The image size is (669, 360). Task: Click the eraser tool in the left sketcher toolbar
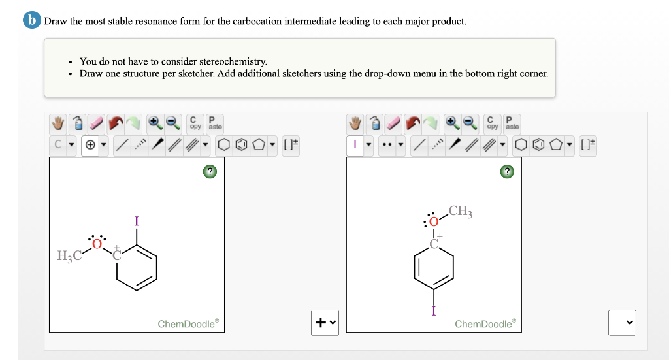point(97,123)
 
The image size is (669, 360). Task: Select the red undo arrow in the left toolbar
point(116,123)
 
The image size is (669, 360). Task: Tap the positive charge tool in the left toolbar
point(90,144)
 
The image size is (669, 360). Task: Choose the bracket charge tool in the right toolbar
point(587,144)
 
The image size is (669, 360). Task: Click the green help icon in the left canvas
point(209,172)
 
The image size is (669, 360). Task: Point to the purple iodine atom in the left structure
point(136,221)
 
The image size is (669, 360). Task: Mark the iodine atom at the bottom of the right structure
point(433,310)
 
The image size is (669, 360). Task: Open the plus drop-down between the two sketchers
point(325,322)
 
